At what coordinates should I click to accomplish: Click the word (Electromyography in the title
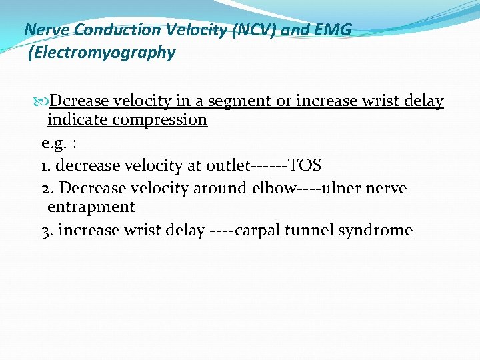pyautogui.click(x=102, y=53)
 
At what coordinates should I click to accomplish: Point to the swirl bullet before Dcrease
pyautogui.click(x=42, y=102)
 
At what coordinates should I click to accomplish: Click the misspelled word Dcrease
pyautogui.click(x=79, y=101)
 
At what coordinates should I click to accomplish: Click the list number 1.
pyautogui.click(x=45, y=165)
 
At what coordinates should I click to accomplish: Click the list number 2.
pyautogui.click(x=45, y=188)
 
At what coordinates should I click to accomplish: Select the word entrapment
pyautogui.click(x=91, y=207)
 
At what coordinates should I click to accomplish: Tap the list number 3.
pyautogui.click(x=45, y=231)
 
